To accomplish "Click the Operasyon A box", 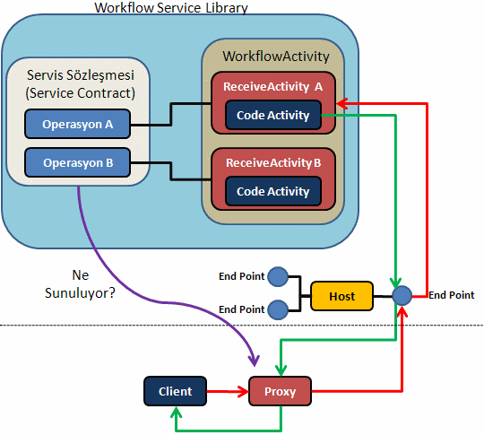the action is [77, 124].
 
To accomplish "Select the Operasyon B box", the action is [77, 162].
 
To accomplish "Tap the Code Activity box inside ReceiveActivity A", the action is [273, 115].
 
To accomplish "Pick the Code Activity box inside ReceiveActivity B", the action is [273, 191].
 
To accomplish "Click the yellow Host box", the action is [341, 296].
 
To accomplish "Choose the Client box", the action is [175, 391].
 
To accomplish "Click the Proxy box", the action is [280, 391].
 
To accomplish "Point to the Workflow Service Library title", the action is [171, 8].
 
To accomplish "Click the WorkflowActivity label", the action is [276, 57].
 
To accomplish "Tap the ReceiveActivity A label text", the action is [272, 86].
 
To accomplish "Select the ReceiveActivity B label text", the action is [273, 162].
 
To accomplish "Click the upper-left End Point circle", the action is [278, 276].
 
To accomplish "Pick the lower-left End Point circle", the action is [278, 309].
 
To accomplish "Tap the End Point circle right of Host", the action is [402, 296].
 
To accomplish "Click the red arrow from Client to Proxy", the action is [228, 391].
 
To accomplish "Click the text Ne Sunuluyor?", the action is [80, 284].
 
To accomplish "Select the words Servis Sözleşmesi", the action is [81, 75].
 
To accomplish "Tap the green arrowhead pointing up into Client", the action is [176, 413].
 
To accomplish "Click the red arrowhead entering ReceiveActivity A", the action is [342, 104].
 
